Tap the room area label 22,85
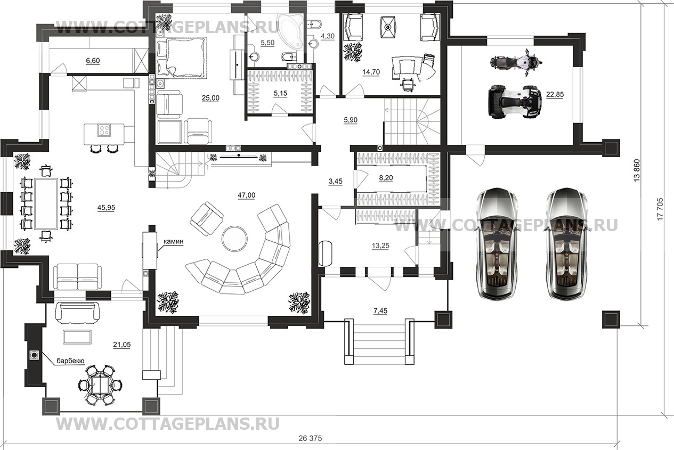(x=554, y=94)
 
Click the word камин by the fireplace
(x=174, y=242)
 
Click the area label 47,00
(x=246, y=195)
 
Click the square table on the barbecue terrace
(x=97, y=384)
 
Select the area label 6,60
(x=93, y=61)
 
